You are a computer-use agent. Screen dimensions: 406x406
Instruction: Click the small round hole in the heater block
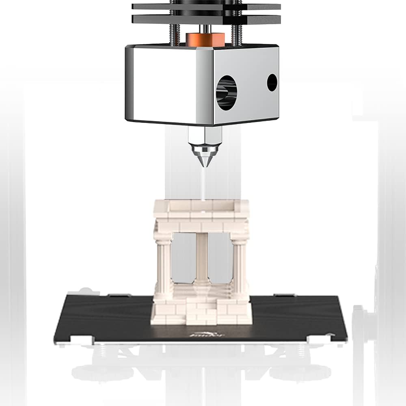tap(272, 82)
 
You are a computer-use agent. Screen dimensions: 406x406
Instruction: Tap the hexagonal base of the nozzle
tap(204, 135)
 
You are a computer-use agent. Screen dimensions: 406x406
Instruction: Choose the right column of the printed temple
tap(239, 264)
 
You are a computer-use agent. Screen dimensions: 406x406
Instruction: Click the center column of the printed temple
tap(202, 260)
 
